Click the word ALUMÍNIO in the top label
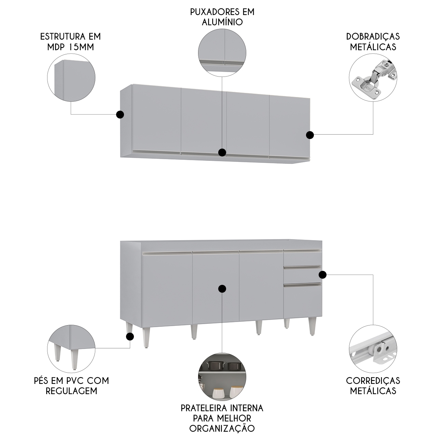(222, 22)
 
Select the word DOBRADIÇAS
(373, 37)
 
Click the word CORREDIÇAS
(373, 381)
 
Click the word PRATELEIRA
(204, 408)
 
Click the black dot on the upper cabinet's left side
(120, 114)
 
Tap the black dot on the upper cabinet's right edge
(310, 135)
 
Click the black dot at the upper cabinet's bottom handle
(222, 152)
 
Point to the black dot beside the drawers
(322, 275)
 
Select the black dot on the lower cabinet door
(222, 289)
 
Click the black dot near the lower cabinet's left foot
(130, 337)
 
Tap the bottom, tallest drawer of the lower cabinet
(303, 300)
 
